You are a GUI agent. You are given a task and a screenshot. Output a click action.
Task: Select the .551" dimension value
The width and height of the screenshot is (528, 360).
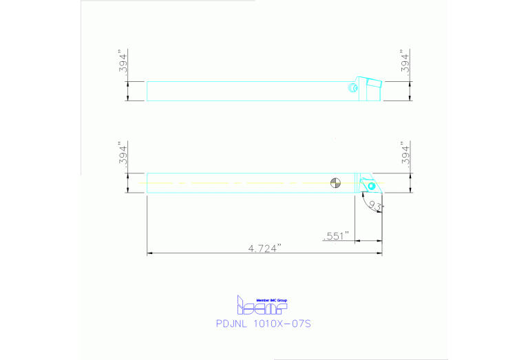[x=336, y=236]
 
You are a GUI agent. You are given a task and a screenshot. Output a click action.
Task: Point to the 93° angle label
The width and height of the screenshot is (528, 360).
[x=376, y=206]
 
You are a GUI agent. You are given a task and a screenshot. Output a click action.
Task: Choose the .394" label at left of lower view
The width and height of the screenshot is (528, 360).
[x=123, y=155]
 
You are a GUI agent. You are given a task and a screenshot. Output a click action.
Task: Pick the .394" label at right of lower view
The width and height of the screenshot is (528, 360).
[x=406, y=155]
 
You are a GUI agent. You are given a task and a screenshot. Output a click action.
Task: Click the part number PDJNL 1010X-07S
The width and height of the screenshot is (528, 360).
[x=265, y=322]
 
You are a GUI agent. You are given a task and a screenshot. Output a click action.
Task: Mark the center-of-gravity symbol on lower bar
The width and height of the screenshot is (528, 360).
[x=335, y=183]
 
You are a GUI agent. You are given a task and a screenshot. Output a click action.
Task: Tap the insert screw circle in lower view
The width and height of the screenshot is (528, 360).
[x=371, y=186]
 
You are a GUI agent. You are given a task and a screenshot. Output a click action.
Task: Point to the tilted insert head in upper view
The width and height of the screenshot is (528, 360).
[x=369, y=86]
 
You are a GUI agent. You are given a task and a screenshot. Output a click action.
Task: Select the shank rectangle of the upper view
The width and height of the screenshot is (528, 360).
[x=248, y=91]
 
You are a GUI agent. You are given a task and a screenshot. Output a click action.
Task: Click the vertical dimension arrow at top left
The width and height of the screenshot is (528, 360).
[x=128, y=91]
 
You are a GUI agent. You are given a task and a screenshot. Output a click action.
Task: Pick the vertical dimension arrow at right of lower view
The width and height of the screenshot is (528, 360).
[x=410, y=183]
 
